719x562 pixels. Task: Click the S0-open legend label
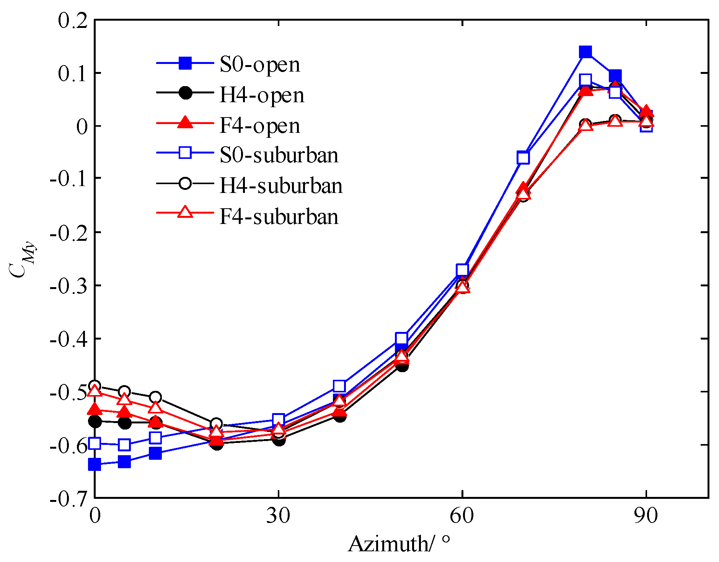point(259,64)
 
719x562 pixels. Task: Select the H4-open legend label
point(262,95)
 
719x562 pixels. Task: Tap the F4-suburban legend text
point(279,217)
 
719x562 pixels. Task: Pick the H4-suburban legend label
point(281,186)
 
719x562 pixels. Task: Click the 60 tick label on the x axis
point(462,515)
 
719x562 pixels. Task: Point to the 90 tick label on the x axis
point(646,515)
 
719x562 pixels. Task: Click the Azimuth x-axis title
point(398,544)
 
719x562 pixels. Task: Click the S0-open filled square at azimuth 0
point(95,464)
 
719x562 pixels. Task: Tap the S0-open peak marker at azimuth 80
point(585,52)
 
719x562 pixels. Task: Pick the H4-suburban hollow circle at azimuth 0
point(95,386)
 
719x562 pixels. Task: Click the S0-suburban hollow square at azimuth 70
point(523,157)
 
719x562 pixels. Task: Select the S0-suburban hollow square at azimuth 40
point(339,386)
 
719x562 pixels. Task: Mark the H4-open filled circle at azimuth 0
point(95,421)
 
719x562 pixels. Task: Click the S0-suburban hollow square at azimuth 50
point(401,338)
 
